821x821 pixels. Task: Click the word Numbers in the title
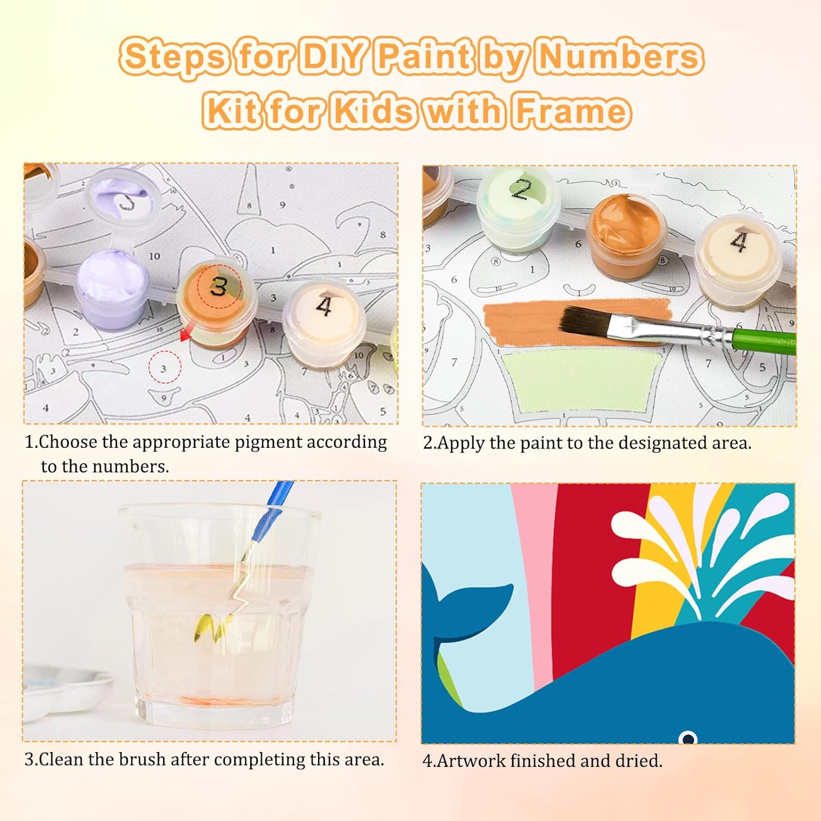point(620,57)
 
